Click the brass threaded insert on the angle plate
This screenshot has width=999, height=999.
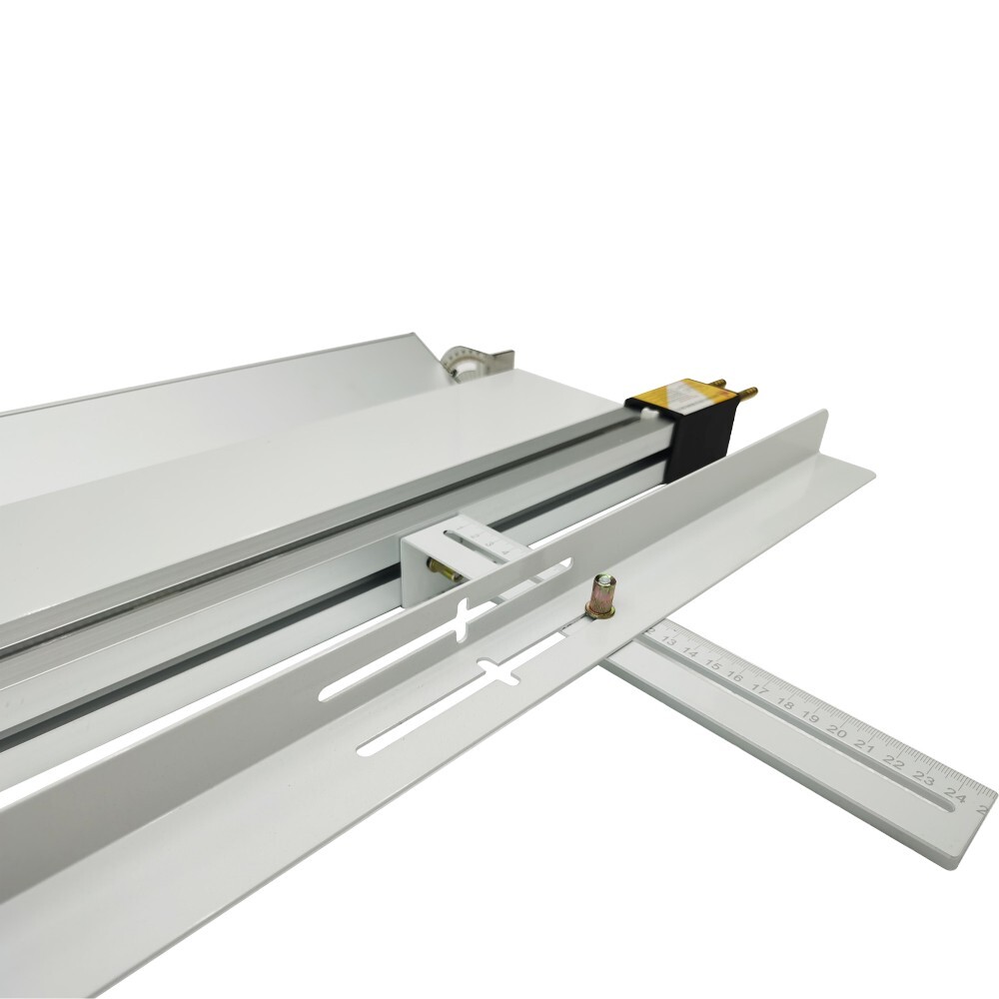click(x=602, y=596)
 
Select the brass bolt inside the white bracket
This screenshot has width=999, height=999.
click(x=441, y=570)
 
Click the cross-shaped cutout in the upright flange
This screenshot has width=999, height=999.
click(x=470, y=621)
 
